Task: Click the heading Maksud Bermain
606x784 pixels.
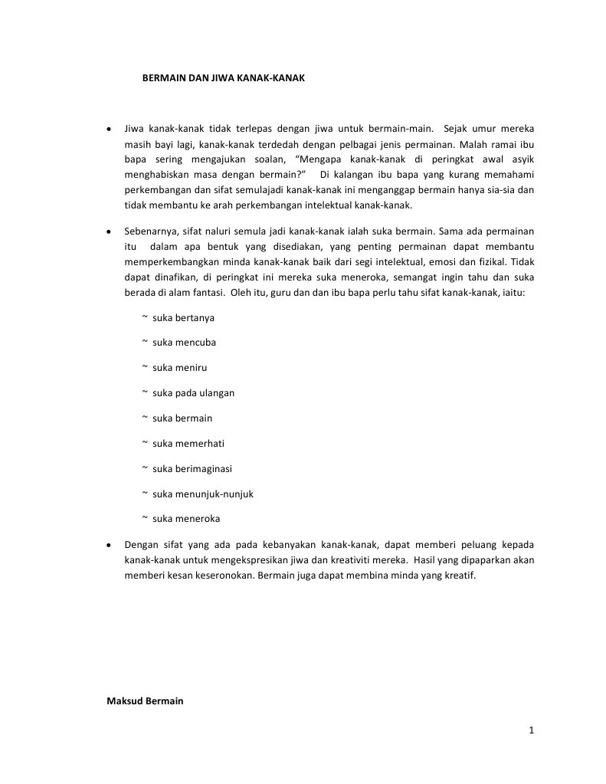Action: tap(145, 701)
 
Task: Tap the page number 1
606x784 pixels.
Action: tap(530, 730)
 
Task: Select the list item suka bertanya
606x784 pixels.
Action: tap(183, 317)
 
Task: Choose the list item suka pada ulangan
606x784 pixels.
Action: tap(193, 393)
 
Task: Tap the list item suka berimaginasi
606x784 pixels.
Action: tap(192, 468)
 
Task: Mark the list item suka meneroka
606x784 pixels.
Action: tap(185, 519)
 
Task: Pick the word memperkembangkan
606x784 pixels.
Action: tap(171, 262)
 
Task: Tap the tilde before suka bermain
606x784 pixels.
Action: tap(145, 418)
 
